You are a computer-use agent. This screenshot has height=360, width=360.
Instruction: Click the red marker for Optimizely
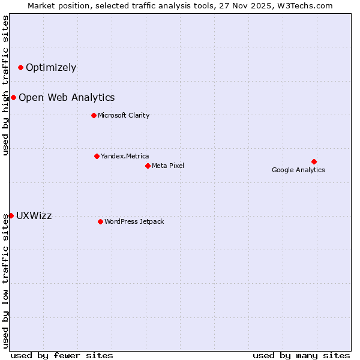click(20, 67)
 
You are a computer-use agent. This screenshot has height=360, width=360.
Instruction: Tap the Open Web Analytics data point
click(13, 97)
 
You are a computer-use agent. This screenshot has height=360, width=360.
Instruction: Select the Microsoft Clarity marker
click(94, 115)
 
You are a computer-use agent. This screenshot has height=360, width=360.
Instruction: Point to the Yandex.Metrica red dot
click(97, 156)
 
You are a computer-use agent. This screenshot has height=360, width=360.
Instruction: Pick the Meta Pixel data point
click(148, 166)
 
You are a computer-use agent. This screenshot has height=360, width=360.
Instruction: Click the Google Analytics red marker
click(314, 161)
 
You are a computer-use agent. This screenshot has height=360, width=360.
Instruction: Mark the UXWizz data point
click(11, 215)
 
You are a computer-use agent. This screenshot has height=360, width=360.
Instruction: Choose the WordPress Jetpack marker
click(100, 221)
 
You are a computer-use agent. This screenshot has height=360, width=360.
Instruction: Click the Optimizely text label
click(51, 67)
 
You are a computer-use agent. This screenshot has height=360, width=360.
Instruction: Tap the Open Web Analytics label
click(67, 97)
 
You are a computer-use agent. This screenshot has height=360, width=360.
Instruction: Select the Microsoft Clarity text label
click(124, 115)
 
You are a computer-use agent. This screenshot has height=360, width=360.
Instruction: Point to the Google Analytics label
click(298, 170)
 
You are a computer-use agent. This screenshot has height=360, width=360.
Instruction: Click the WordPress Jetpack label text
click(134, 221)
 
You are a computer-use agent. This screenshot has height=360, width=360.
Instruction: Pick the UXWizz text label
click(34, 216)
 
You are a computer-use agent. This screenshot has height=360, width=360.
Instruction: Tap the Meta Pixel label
click(168, 166)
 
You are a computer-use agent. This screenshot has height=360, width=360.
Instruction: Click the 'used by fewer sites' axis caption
click(62, 355)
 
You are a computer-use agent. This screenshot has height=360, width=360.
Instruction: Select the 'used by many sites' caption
click(301, 355)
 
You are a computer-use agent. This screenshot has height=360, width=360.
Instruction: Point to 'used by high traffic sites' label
click(6, 85)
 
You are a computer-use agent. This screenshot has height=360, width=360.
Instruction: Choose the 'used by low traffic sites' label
click(6, 281)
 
